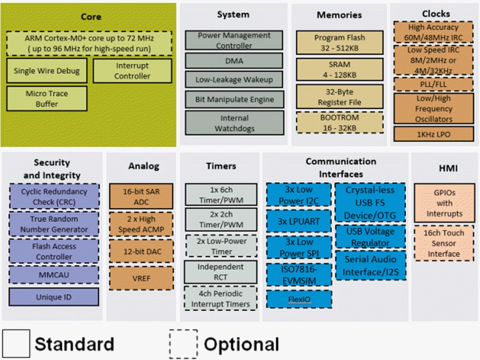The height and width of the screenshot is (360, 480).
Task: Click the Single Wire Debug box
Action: click(47, 71)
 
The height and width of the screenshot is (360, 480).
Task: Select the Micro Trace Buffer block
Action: click(47, 99)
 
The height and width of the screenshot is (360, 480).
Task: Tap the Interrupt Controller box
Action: click(132, 71)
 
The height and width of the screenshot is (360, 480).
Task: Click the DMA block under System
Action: click(234, 61)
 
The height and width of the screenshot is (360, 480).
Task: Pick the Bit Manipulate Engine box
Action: click(234, 100)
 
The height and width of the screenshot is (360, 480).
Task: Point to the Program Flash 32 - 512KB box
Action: click(339, 43)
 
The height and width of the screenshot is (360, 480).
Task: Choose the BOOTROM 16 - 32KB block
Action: click(339, 123)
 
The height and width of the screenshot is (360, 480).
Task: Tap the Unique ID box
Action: click(54, 297)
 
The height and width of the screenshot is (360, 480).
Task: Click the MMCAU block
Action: click(54, 275)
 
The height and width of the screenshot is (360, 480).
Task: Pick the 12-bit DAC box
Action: click(141, 252)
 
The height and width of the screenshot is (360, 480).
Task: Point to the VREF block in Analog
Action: click(141, 278)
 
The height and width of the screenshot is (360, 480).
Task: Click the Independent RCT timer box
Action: click(221, 272)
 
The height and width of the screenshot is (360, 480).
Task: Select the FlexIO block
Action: click(299, 299)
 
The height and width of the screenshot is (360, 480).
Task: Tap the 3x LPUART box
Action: click(299, 221)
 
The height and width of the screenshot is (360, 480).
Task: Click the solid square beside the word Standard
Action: click(16, 344)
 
